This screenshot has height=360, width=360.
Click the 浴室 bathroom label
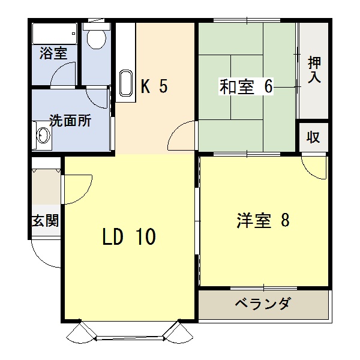[53, 53]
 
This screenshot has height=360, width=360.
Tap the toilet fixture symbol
[95, 38]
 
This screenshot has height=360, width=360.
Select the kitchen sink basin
[126, 83]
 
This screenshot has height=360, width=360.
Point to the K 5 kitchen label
[154, 87]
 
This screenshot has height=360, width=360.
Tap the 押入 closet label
[314, 69]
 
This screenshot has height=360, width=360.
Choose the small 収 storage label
[313, 137]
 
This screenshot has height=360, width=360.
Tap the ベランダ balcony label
[262, 304]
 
